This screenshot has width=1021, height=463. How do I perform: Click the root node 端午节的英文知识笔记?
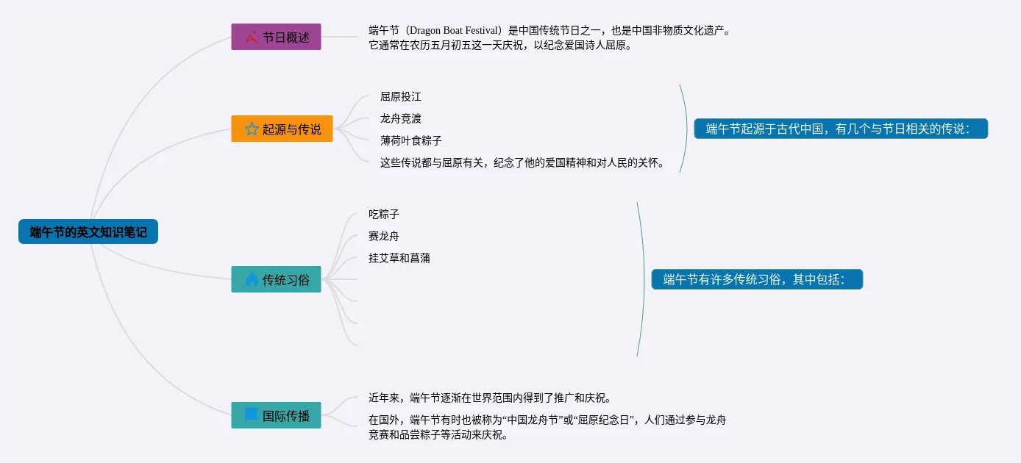[x=88, y=232]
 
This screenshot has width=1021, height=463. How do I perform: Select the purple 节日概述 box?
[x=276, y=37]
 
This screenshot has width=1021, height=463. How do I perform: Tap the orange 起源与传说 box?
[x=282, y=129]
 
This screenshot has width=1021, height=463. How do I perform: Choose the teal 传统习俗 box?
[x=276, y=279]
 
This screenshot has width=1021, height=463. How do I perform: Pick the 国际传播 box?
[x=276, y=415]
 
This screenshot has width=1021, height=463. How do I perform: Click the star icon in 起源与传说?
[x=251, y=129]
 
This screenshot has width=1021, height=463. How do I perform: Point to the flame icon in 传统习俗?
[x=252, y=279]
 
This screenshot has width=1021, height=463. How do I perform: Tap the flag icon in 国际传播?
[x=251, y=414]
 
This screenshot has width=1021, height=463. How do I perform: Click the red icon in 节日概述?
[x=252, y=37]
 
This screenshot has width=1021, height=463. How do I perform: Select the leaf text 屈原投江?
[x=401, y=96]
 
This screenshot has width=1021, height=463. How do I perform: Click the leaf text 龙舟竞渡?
[x=401, y=118]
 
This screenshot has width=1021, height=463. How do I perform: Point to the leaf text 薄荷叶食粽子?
[x=411, y=140]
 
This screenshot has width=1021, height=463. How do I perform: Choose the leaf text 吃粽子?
[x=384, y=214]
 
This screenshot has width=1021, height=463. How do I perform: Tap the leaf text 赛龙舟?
[x=384, y=236]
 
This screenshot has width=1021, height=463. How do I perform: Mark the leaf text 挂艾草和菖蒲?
[x=399, y=258]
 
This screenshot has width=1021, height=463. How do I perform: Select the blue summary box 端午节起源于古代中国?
[x=841, y=129]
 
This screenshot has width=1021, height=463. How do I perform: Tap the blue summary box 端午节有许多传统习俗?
[x=757, y=279]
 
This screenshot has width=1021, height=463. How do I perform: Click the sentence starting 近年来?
[x=490, y=398]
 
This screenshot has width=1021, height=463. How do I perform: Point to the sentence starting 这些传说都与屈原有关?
[x=523, y=162]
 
